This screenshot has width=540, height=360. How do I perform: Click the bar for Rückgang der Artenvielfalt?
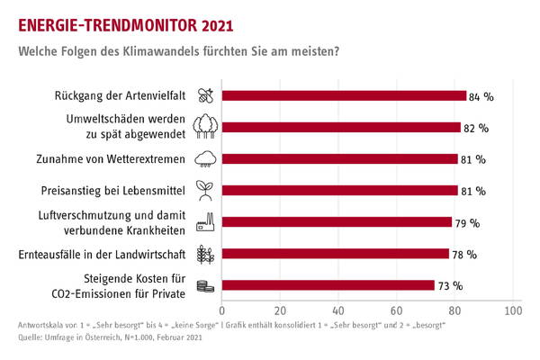tap(344, 95)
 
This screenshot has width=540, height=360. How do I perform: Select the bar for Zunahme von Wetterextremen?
tap(339, 159)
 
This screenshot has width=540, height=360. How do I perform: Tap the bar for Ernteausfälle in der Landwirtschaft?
tap(335, 254)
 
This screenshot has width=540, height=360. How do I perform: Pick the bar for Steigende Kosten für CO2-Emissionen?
tap(328, 285)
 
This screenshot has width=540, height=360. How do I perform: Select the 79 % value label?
tap(468, 222)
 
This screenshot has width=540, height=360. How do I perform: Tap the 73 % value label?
tap(451, 286)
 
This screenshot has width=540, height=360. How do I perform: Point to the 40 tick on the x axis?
tap(338, 310)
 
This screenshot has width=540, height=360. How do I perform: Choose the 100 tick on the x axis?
tap(514, 310)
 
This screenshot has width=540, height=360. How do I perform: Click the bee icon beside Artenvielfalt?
tap(205, 94)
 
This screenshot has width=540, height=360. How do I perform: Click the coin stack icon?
tap(205, 286)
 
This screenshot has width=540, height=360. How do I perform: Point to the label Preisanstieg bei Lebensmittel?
tap(117, 191)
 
